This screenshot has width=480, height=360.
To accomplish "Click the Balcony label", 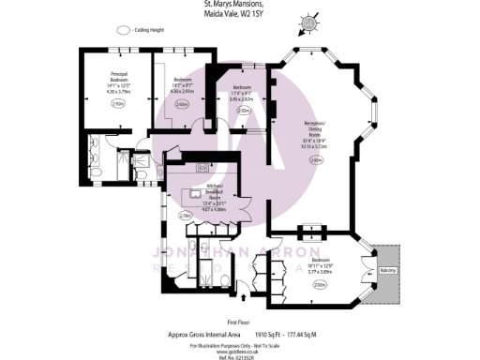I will coord(388,271).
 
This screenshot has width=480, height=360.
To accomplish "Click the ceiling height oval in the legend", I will coord(123,30).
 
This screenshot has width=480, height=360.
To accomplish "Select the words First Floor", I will coord(239,318).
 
